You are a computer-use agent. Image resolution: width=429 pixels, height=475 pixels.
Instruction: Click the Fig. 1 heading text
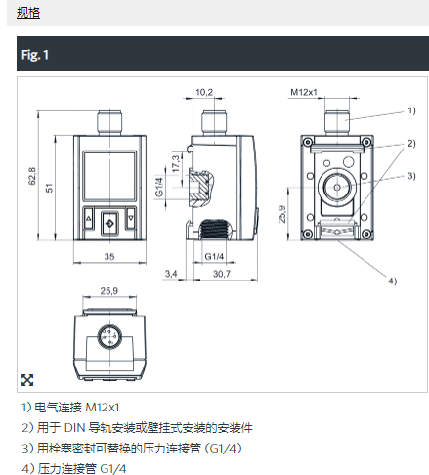point(35,55)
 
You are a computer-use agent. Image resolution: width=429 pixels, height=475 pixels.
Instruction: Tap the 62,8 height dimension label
point(32,176)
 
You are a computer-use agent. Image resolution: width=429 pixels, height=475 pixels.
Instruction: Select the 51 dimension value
point(49,188)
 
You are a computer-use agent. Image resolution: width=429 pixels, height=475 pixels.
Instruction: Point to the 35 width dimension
point(109,256)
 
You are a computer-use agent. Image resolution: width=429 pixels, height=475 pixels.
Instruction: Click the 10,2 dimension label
point(204,92)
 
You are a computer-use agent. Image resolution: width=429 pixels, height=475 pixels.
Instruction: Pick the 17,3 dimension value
point(176,163)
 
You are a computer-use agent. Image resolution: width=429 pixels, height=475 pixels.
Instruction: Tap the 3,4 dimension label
point(171,274)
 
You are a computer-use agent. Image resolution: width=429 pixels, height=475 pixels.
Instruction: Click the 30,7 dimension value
point(222,274)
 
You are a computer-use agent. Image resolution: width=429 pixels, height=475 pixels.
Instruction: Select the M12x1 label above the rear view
point(304,92)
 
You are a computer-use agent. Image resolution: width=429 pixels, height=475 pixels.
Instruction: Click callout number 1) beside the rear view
point(411,110)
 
